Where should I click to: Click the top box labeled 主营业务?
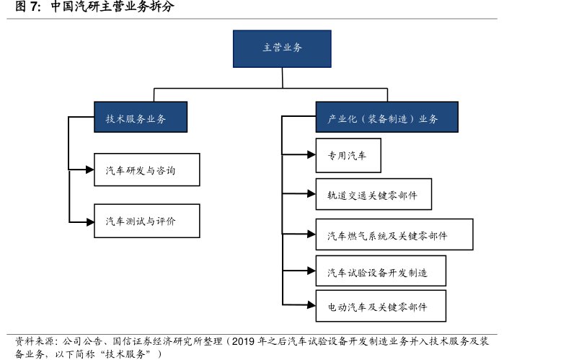tap(282, 48)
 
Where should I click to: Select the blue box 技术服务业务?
tap(136, 118)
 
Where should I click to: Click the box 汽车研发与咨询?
tap(146, 170)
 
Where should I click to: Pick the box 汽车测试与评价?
tap(146, 221)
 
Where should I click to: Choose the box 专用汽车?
tap(348, 154)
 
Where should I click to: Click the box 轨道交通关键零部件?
tap(373, 195)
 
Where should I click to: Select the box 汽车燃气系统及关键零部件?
tap(394, 235)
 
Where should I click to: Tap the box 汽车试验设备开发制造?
tap(380, 272)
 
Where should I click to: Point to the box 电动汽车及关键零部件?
tap(380, 306)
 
